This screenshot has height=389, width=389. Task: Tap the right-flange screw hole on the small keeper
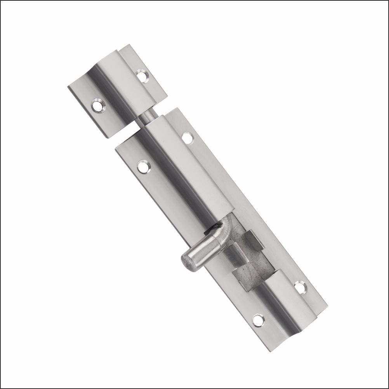pyautogui.click(x=143, y=75)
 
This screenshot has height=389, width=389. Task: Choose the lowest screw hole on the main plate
pyautogui.click(x=257, y=320)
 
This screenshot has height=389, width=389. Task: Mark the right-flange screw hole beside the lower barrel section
pyautogui.click(x=300, y=288)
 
